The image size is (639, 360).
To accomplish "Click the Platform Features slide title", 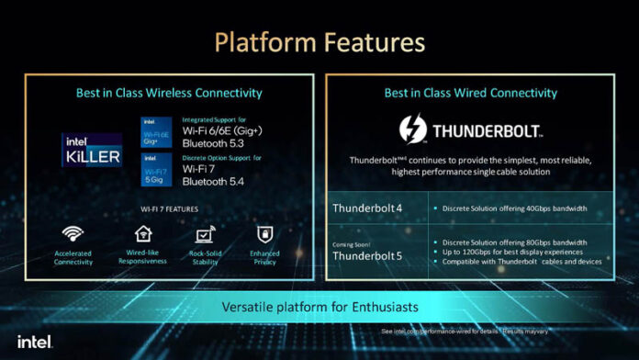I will [319, 42].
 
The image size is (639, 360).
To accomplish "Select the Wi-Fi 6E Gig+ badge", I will [155, 133].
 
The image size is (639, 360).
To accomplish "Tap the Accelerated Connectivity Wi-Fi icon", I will [73, 234].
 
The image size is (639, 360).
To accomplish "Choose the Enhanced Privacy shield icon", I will [265, 234].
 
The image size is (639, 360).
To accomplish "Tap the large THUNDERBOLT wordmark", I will [489, 130].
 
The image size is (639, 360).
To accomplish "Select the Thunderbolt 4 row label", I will [368, 208].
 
